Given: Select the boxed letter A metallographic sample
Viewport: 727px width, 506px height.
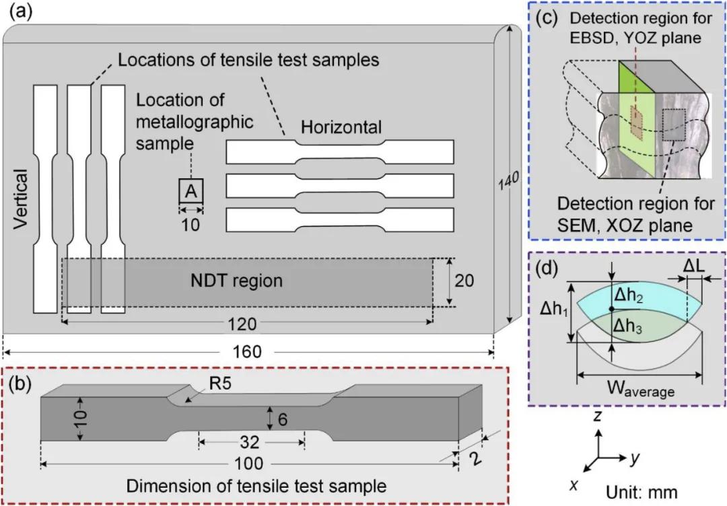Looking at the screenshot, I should (191, 192).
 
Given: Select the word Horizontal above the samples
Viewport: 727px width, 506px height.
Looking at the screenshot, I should (341, 126).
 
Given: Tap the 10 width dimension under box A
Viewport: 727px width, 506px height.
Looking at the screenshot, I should (191, 225).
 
